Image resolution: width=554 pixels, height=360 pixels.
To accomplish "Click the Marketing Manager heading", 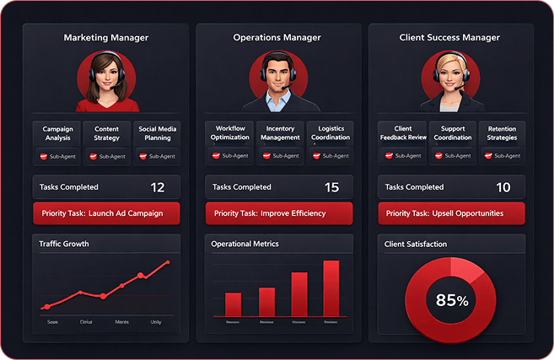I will (106, 37).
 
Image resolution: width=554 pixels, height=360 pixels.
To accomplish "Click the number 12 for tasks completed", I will (157, 187).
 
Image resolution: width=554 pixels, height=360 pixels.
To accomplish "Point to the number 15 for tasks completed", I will (331, 187).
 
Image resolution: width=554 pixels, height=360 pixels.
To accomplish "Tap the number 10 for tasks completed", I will (503, 187).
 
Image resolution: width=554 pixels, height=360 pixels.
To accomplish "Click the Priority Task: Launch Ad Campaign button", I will (106, 213).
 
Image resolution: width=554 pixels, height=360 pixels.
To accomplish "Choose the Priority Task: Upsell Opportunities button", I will (451, 213).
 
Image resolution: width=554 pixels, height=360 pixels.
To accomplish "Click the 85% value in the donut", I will (452, 299).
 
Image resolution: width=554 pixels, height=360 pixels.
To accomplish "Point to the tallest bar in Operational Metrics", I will (331, 287).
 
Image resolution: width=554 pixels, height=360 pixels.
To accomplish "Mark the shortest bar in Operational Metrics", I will (234, 304).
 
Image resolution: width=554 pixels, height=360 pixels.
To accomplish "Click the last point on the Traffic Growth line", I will (168, 262).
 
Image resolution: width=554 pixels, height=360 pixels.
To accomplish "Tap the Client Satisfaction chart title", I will (416, 244).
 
